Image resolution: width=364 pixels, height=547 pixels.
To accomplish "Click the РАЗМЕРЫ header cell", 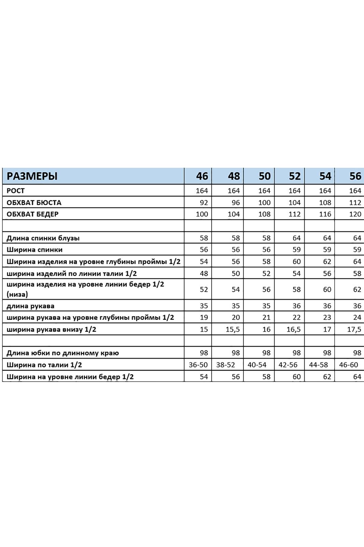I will pyautogui.click(x=32, y=176).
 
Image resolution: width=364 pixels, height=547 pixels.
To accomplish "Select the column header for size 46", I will pyautogui.click(x=202, y=176).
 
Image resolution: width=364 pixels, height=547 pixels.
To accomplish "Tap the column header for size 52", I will pyautogui.click(x=294, y=176).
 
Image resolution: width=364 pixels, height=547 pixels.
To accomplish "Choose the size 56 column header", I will pyautogui.click(x=355, y=176).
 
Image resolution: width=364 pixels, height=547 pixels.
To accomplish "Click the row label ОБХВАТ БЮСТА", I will pyautogui.click(x=34, y=202).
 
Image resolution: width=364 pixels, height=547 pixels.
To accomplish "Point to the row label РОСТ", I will pyautogui.click(x=16, y=191).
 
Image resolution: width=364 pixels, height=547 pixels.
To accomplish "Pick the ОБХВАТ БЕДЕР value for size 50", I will pyautogui.click(x=264, y=214).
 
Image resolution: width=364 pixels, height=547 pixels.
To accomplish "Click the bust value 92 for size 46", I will pyautogui.click(x=204, y=203).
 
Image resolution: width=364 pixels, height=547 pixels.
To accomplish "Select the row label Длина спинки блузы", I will pyautogui.click(x=43, y=238).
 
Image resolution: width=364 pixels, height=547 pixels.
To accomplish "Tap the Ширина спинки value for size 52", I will pyautogui.click(x=296, y=250).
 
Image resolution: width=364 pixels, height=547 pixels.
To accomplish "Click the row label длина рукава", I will pyautogui.click(x=30, y=306).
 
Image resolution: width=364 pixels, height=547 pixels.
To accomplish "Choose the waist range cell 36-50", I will pyautogui.click(x=198, y=365).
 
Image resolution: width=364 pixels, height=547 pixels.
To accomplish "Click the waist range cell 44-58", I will pyautogui.click(x=318, y=365).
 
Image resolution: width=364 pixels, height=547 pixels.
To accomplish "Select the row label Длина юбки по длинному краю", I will pyautogui.click(x=63, y=353).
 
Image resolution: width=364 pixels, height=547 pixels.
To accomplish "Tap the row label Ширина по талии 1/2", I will pyautogui.click(x=44, y=365).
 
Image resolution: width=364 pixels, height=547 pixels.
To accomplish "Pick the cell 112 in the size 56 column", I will pyautogui.click(x=355, y=203).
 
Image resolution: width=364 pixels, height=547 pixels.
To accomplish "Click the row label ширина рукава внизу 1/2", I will pyautogui.click(x=51, y=330).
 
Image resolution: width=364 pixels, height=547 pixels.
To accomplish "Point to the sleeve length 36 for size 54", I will pyautogui.click(x=327, y=306).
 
